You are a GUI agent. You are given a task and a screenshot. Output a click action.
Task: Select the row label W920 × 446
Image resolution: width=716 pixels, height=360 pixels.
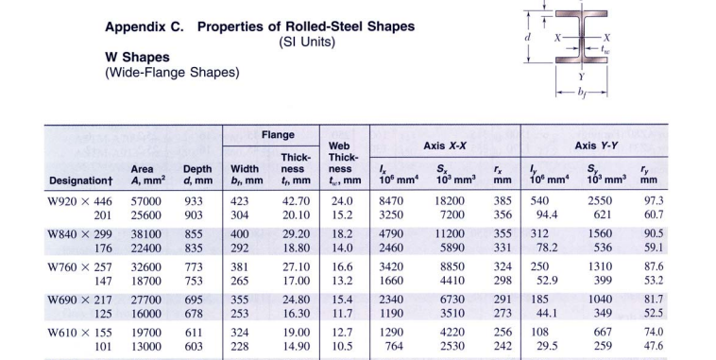79,201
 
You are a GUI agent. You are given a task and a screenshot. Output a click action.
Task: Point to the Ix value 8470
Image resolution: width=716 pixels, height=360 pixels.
391,201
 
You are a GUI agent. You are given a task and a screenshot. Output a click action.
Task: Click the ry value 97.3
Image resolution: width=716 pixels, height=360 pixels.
653,201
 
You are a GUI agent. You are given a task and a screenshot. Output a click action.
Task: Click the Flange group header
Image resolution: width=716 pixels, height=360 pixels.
278,135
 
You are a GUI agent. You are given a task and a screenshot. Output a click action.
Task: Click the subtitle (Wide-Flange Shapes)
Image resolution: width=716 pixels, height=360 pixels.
171,72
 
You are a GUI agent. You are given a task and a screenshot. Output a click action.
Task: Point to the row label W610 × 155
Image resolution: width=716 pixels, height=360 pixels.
79,333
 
